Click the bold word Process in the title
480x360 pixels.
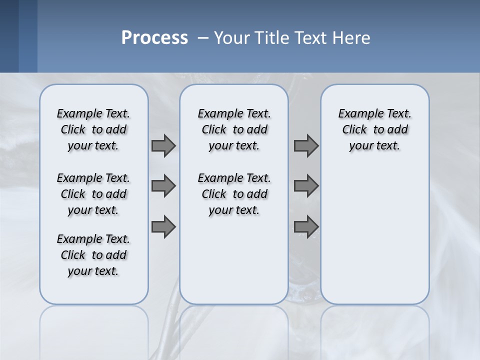click(x=154, y=38)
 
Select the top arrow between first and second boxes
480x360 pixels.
click(x=163, y=145)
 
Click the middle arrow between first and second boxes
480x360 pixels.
click(x=163, y=186)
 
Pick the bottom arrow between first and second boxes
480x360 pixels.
click(x=163, y=227)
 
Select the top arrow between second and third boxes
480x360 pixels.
click(x=306, y=145)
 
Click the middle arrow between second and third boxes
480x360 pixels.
click(x=306, y=186)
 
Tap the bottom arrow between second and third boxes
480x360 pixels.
click(x=306, y=227)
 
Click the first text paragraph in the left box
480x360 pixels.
click(x=93, y=129)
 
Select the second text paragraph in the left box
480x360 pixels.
click(x=93, y=194)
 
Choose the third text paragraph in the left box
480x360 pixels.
click(x=93, y=255)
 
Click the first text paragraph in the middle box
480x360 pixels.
click(x=234, y=129)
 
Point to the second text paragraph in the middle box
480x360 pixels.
click(x=234, y=194)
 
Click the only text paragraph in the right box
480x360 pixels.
click(x=374, y=129)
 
